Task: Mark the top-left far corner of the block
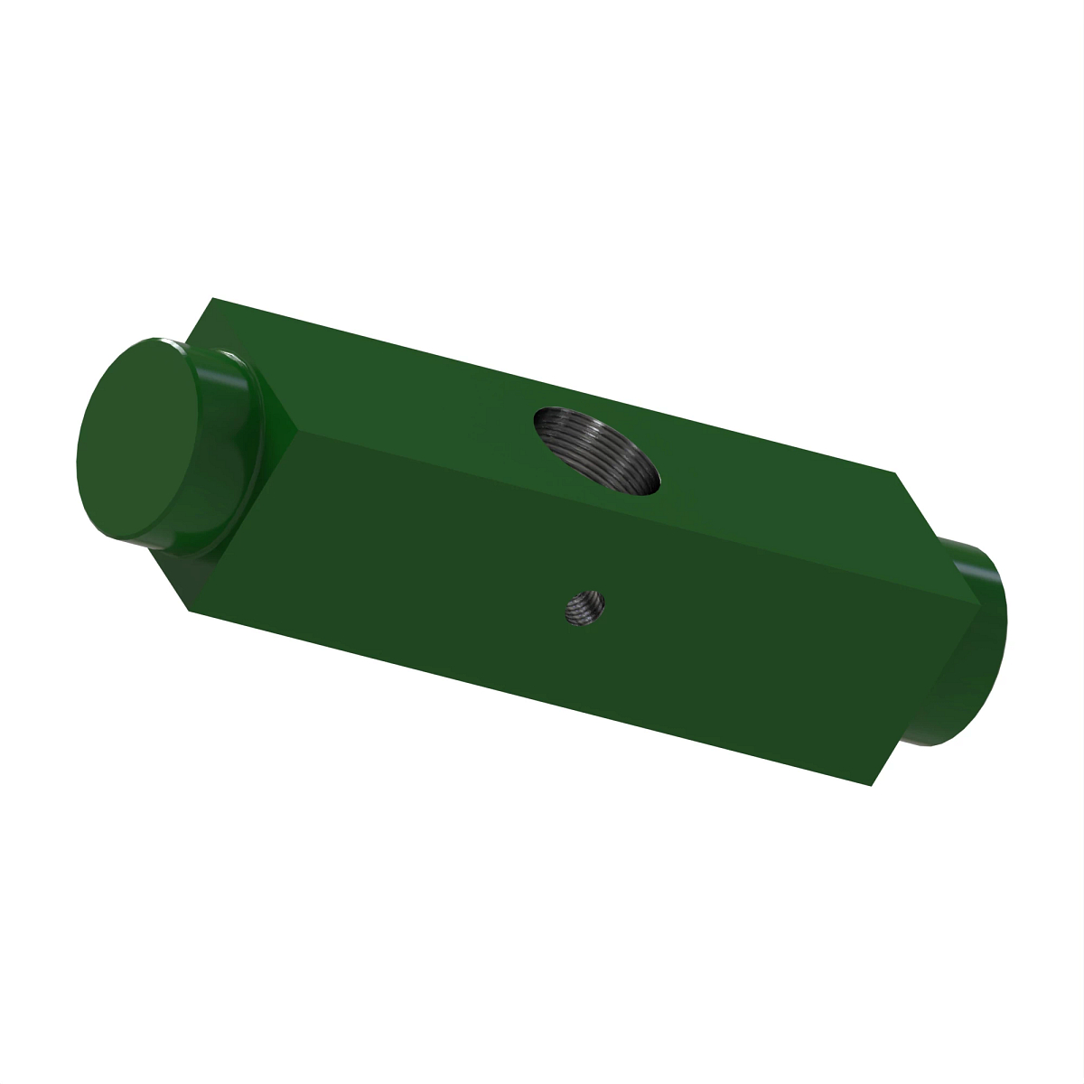click(212, 298)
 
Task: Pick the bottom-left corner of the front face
click(191, 611)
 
